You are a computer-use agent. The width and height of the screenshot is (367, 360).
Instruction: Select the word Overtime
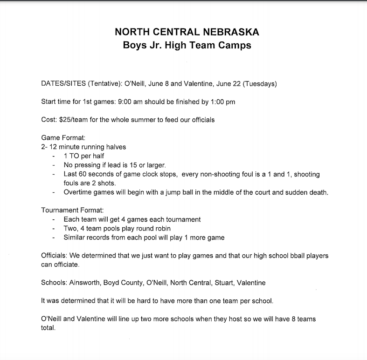[78, 192]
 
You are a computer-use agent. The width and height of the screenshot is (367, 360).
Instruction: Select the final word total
[48, 328]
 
